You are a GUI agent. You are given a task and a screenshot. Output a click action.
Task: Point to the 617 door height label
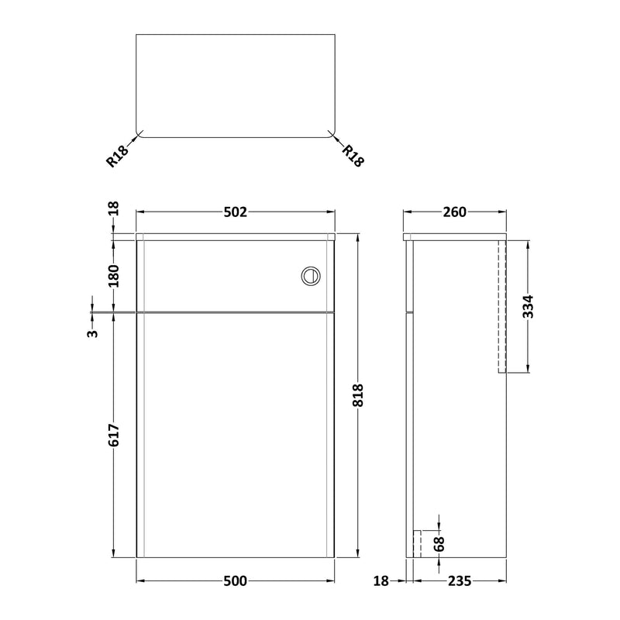click(x=115, y=436)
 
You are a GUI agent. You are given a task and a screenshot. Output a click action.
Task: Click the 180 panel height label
click(x=115, y=276)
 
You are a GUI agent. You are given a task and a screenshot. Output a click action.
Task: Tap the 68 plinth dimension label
click(x=439, y=544)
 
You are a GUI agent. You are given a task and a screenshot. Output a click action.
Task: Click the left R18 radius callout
click(x=115, y=157)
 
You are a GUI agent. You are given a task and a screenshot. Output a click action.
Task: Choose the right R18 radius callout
click(x=353, y=157)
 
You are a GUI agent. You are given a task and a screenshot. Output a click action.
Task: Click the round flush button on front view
click(x=309, y=275)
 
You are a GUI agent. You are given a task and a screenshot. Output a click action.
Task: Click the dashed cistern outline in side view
click(x=501, y=306)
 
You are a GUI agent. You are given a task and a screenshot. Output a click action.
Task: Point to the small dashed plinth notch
click(x=416, y=543)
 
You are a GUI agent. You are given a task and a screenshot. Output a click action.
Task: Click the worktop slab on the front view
click(x=235, y=235)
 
